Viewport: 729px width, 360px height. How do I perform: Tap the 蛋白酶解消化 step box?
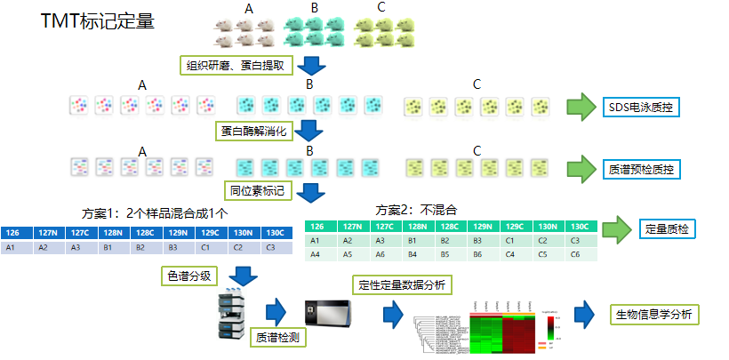[254, 131]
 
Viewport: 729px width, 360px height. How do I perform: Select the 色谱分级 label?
[188, 276]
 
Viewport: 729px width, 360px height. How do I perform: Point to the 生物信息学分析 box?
[653, 315]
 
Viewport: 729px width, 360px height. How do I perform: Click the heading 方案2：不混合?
[416, 210]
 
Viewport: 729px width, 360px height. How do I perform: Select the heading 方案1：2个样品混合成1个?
[159, 213]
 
